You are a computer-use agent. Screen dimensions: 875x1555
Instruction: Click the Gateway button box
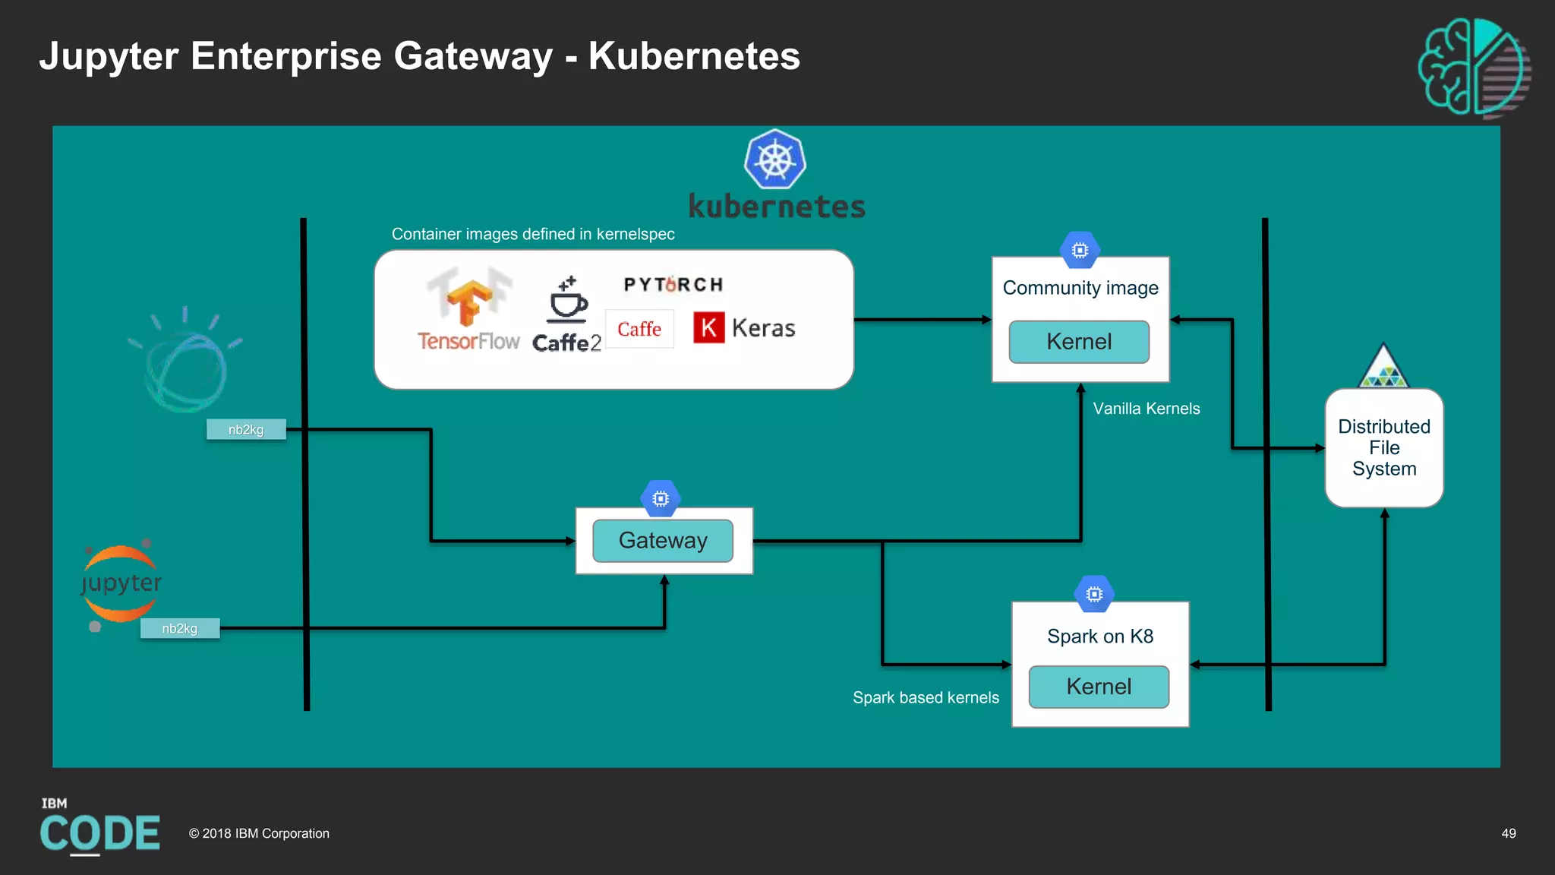tap(662, 541)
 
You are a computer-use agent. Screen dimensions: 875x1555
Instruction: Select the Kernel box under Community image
tap(1078, 342)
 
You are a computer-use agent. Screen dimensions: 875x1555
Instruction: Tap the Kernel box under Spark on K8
tap(1098, 687)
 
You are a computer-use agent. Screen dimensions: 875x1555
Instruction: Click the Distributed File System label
tap(1383, 447)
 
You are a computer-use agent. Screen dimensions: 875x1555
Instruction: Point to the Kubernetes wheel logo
tap(774, 160)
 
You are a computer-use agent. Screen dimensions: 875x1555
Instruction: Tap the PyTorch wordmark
tap(673, 285)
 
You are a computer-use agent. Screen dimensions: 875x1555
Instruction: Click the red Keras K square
tap(708, 328)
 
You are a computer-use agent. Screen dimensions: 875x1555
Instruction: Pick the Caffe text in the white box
tap(639, 329)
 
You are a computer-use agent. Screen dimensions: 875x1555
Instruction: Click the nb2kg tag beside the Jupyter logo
tap(180, 628)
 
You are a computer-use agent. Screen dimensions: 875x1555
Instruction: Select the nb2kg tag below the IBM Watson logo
tap(246, 429)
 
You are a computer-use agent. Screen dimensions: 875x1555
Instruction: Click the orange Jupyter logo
tap(121, 583)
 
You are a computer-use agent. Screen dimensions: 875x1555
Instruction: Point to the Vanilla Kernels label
tap(1146, 409)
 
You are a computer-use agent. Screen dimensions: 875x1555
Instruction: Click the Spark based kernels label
tap(926, 697)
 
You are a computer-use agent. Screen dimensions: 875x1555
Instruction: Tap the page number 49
tap(1508, 833)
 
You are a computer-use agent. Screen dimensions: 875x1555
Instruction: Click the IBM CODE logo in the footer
tap(99, 828)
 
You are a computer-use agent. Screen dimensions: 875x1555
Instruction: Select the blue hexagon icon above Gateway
tap(661, 498)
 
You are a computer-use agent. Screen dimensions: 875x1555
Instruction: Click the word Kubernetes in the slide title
tap(694, 56)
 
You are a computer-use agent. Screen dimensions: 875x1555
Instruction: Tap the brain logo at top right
tap(1473, 67)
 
